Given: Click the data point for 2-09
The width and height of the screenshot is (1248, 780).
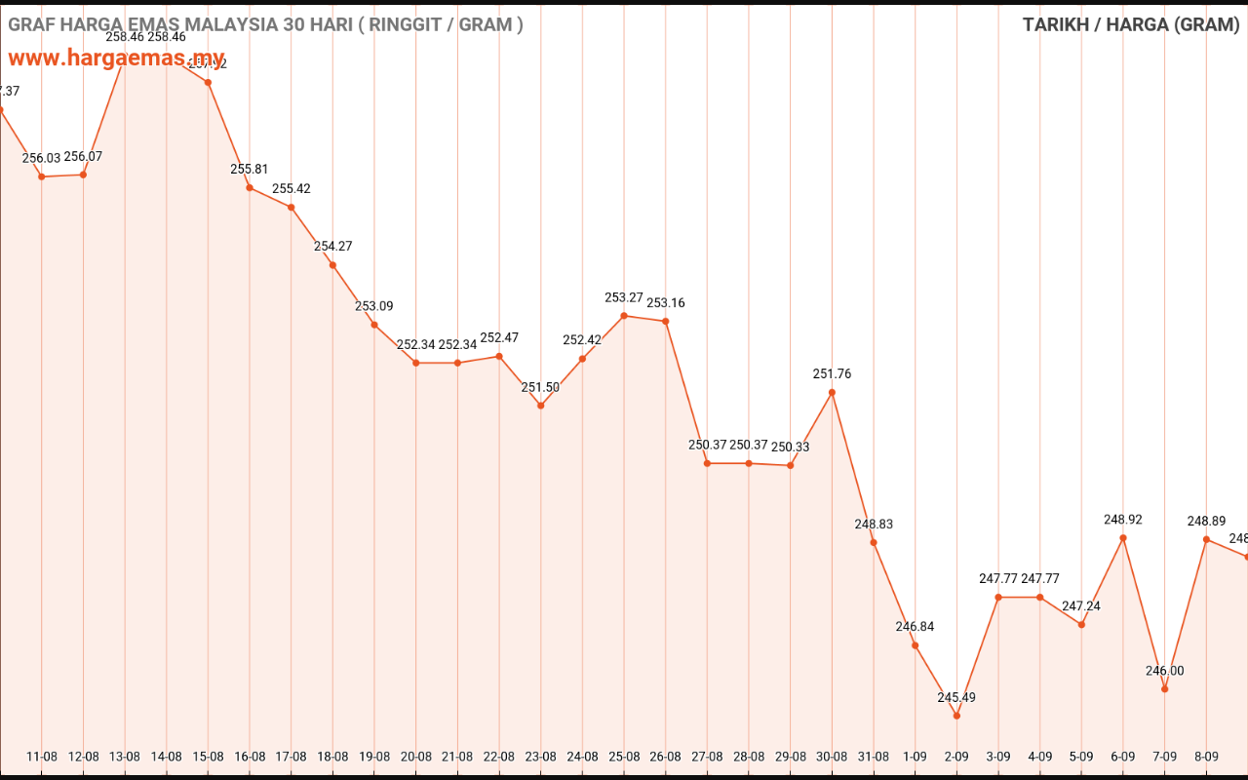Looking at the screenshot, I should (956, 716).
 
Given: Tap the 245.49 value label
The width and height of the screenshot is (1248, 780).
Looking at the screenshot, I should (956, 697).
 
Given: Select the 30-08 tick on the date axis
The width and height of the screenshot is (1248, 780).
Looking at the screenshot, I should (832, 756).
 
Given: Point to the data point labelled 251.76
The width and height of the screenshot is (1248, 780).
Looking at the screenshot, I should (832, 392).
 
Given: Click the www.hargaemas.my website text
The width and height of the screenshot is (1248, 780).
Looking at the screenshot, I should (117, 58).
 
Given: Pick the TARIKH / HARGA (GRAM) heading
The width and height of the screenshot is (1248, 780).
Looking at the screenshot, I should (1131, 24).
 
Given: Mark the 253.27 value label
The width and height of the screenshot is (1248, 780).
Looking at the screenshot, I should (624, 297).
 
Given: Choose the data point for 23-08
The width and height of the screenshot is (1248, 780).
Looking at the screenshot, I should (541, 405).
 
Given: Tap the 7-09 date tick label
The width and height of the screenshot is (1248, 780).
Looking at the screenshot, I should (1164, 756).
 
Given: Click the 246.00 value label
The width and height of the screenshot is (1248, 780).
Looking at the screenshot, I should (1164, 671).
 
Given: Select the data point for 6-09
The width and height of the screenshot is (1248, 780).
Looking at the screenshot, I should (1123, 537).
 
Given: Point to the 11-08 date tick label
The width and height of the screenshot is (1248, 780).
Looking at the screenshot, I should (42, 756).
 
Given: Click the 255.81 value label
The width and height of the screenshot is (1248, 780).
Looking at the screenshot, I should (250, 169).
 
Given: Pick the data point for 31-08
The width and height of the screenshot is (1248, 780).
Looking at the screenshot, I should (874, 542).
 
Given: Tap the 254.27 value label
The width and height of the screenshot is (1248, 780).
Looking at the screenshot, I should (333, 246).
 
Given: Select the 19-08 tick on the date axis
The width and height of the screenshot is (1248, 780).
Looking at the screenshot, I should (374, 756).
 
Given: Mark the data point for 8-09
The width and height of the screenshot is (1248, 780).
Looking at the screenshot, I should (1206, 538).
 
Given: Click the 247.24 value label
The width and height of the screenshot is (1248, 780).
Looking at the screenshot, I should (1081, 605).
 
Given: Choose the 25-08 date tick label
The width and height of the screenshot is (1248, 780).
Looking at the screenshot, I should (624, 756).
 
